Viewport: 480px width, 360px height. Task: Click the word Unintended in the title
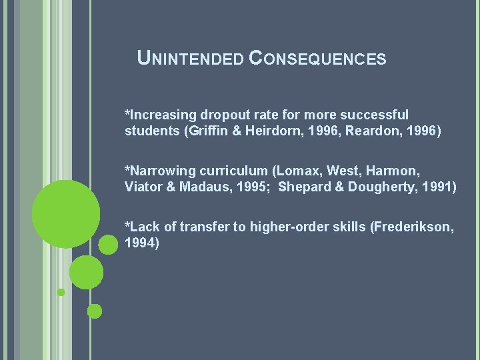pos(189,59)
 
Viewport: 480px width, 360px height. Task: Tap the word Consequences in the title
pos(317,59)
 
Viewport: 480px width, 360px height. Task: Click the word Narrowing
pos(160,171)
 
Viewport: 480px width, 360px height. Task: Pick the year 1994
pos(141,243)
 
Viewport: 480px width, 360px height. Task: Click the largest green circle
pos(66,213)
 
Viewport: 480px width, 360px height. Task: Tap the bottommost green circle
pos(95,311)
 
